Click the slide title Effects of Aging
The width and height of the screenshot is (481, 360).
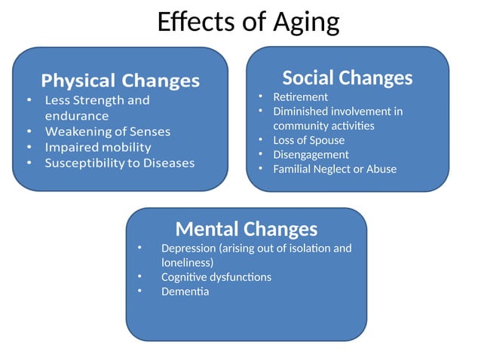(x=248, y=22)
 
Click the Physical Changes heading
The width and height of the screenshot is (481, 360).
(x=120, y=81)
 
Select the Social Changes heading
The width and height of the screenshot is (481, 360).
(x=347, y=78)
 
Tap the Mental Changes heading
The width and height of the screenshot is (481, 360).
(x=246, y=228)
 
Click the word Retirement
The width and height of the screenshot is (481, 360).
(x=300, y=97)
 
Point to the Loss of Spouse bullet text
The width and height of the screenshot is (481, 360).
(x=308, y=140)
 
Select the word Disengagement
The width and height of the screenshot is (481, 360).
(x=311, y=154)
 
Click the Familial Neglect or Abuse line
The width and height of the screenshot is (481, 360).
(x=334, y=169)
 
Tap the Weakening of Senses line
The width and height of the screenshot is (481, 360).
(x=107, y=132)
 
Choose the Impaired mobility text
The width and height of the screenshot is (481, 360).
(x=97, y=147)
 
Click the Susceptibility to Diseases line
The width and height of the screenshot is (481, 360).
(x=119, y=163)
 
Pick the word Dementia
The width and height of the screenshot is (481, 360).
(x=185, y=291)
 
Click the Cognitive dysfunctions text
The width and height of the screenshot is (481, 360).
(x=216, y=276)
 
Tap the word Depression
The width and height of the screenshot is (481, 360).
(x=188, y=248)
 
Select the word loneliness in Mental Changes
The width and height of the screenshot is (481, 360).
(x=187, y=262)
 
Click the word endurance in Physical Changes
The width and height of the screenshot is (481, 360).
(x=76, y=116)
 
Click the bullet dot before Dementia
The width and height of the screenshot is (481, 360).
(x=139, y=291)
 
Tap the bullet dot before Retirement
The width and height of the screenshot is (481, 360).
(x=258, y=97)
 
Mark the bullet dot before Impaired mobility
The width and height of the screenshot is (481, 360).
(x=29, y=147)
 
